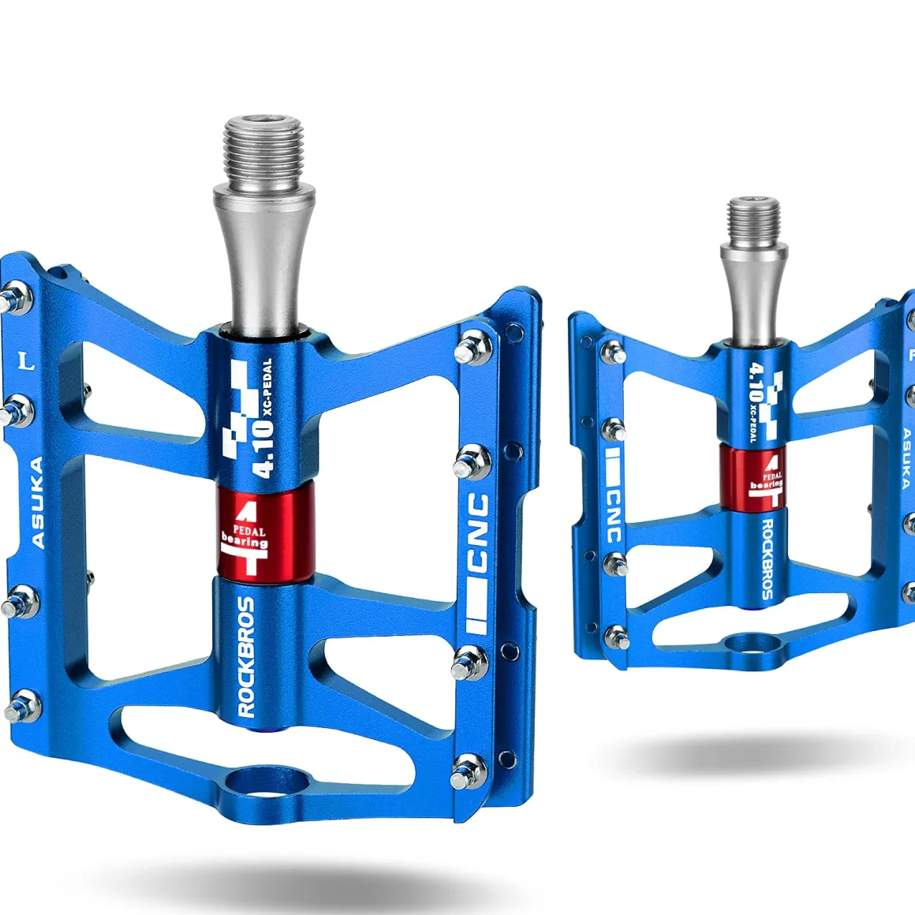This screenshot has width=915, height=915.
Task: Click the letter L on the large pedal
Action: coord(26,360)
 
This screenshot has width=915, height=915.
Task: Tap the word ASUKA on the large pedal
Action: coord(37,502)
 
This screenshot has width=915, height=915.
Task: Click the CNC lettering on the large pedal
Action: coord(479,532)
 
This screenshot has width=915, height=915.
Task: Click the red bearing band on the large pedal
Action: coord(266,530)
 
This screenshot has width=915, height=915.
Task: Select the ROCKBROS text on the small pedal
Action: coord(767,558)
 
